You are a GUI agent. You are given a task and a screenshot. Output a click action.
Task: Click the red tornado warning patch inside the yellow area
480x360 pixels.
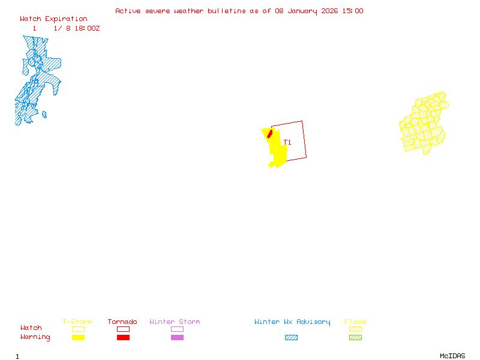(x=270, y=133)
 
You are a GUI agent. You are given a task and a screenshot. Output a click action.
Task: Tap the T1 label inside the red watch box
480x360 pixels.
(x=288, y=143)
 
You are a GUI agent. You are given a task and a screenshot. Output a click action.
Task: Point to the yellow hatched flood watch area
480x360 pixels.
(x=424, y=124)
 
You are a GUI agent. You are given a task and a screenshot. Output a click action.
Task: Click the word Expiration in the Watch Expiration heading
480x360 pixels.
(x=66, y=19)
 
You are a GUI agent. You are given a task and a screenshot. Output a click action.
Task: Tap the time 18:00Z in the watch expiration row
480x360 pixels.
(x=87, y=28)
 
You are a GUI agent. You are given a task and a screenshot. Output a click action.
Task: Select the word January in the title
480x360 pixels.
(x=302, y=11)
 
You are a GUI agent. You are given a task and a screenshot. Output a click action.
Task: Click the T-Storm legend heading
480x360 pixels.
(x=77, y=322)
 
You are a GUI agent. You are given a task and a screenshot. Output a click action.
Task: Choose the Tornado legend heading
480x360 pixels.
(x=122, y=322)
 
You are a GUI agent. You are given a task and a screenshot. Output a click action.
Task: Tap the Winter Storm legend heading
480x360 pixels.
(x=175, y=322)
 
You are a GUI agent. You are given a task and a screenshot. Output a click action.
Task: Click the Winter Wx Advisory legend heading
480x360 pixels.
(x=292, y=322)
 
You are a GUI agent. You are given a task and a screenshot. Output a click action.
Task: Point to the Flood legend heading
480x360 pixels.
(x=355, y=322)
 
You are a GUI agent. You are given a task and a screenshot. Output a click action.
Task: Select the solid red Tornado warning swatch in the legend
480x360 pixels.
(x=123, y=337)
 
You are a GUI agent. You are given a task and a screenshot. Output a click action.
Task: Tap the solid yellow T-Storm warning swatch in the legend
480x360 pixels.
(x=78, y=337)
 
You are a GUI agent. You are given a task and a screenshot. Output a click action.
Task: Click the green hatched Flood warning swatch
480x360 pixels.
(x=355, y=337)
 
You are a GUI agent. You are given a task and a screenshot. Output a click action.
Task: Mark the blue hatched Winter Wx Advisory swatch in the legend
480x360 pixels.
(x=291, y=337)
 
